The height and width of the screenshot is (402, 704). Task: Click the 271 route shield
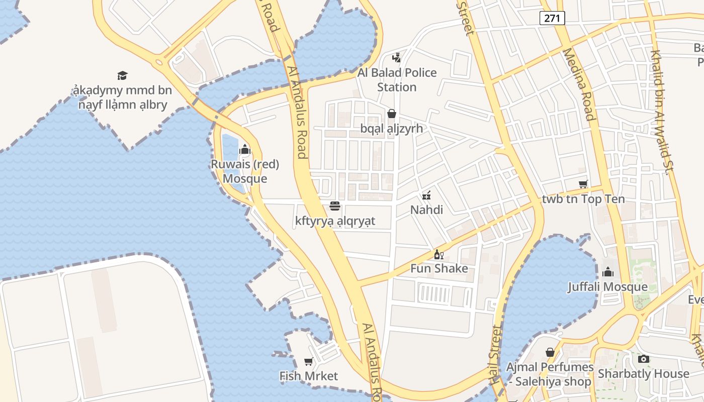tap(553, 18)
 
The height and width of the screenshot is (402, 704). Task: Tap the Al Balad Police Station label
tap(397, 80)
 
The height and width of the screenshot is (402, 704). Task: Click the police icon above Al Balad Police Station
tap(397, 57)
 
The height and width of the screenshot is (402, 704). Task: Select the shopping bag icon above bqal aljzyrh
tap(392, 114)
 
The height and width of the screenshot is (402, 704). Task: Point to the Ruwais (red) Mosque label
tap(245, 171)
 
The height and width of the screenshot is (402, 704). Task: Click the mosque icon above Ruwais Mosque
tap(245, 149)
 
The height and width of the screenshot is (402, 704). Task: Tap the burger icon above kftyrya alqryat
tap(335, 206)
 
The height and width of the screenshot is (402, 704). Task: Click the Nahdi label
tap(426, 210)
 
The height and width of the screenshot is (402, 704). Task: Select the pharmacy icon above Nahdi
tap(426, 194)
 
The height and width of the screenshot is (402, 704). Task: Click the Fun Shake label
tap(439, 268)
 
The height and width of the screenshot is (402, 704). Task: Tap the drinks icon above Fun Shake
tap(439, 254)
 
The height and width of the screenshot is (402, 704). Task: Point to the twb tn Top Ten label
tap(583, 199)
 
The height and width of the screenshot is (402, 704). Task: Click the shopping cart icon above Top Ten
tap(583, 184)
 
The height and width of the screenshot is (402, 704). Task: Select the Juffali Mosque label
tap(607, 287)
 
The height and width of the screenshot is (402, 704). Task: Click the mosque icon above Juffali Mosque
tap(608, 272)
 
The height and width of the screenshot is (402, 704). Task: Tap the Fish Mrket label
tap(309, 376)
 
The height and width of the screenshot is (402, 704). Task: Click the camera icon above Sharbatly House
tap(643, 359)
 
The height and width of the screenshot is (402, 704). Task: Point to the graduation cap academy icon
tap(122, 75)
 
